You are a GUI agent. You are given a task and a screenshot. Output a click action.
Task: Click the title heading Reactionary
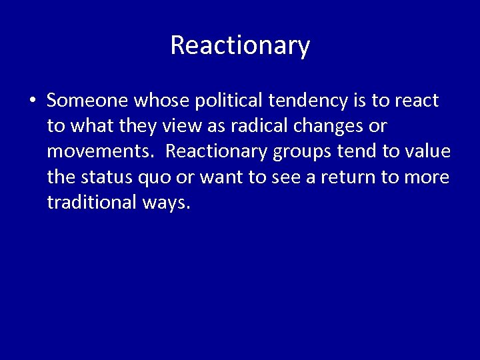tap(240, 45)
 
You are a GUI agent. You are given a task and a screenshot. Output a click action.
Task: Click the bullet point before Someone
tap(32, 101)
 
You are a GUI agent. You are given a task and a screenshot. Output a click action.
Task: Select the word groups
tap(297, 151)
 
